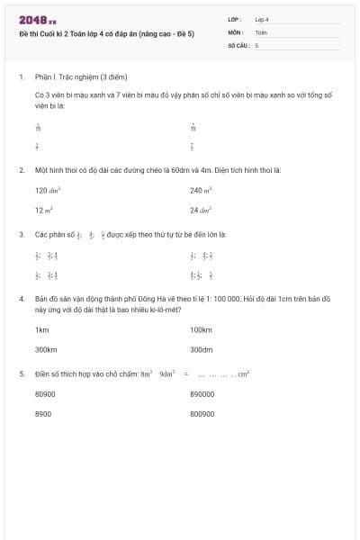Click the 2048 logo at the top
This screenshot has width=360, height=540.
pos(38,19)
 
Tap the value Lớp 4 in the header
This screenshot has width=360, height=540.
pos(262,19)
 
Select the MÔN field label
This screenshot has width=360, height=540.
pos(236,31)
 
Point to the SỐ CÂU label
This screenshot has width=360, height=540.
pos(240,44)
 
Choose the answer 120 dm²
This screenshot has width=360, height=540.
pos(48,190)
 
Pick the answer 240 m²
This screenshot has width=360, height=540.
pos(201,190)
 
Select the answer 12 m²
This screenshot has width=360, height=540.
pos(44,210)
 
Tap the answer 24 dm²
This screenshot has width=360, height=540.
pos(201,210)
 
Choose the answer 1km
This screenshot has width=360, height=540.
pos(41,330)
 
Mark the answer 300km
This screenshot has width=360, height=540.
pos(46,349)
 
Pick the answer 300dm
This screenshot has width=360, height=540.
pos(202,349)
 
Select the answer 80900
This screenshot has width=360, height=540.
pos(45,394)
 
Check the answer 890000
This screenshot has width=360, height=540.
pos(203,394)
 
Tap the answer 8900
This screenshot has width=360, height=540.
pos(43,413)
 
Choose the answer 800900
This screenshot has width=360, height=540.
pos(203,413)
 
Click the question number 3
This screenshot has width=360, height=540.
pos(21,234)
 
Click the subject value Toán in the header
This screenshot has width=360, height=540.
pos(261,31)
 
